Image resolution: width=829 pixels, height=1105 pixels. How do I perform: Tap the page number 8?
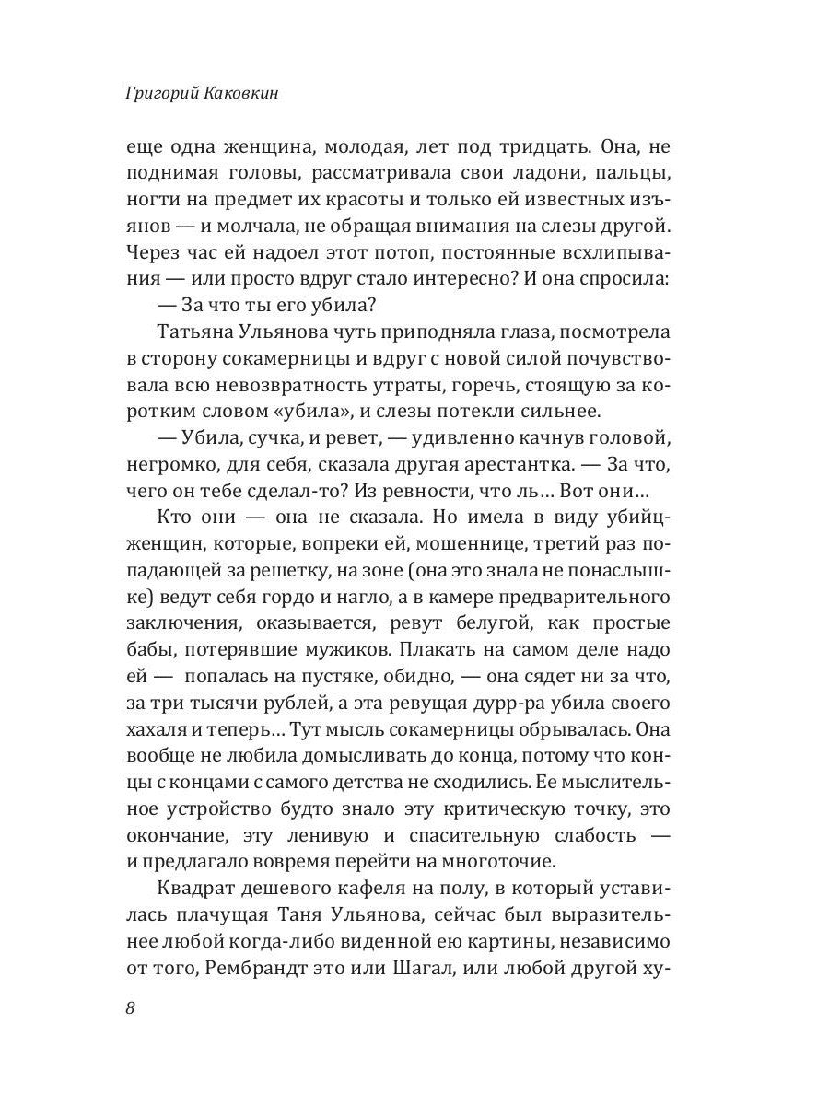click(130, 1007)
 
